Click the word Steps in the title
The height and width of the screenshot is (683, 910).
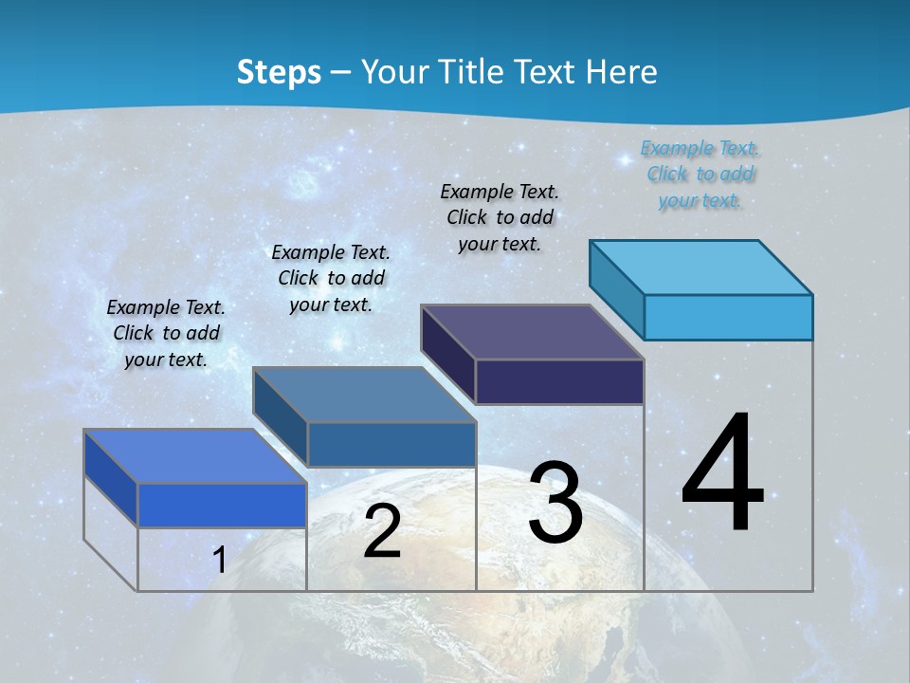click(x=279, y=72)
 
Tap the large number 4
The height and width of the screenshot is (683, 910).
click(x=722, y=474)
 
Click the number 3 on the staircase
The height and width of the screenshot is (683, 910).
click(x=555, y=503)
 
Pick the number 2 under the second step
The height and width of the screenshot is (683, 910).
click(x=382, y=532)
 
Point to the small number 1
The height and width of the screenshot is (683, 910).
click(x=219, y=561)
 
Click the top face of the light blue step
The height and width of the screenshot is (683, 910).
click(x=701, y=268)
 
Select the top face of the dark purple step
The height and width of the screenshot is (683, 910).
click(x=533, y=332)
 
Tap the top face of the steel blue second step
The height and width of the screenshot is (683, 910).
click(x=364, y=395)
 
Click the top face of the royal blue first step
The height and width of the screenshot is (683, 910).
click(x=195, y=456)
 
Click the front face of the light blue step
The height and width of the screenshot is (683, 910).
click(x=728, y=317)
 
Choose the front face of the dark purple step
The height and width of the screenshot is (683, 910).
click(x=559, y=381)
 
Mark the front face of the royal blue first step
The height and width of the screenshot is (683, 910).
click(x=222, y=505)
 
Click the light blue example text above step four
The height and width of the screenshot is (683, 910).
click(x=700, y=175)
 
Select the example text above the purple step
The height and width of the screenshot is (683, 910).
click(x=500, y=217)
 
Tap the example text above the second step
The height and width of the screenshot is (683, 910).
click(x=331, y=278)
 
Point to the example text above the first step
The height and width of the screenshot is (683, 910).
click(x=166, y=333)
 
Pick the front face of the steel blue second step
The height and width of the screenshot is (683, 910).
click(x=391, y=444)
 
